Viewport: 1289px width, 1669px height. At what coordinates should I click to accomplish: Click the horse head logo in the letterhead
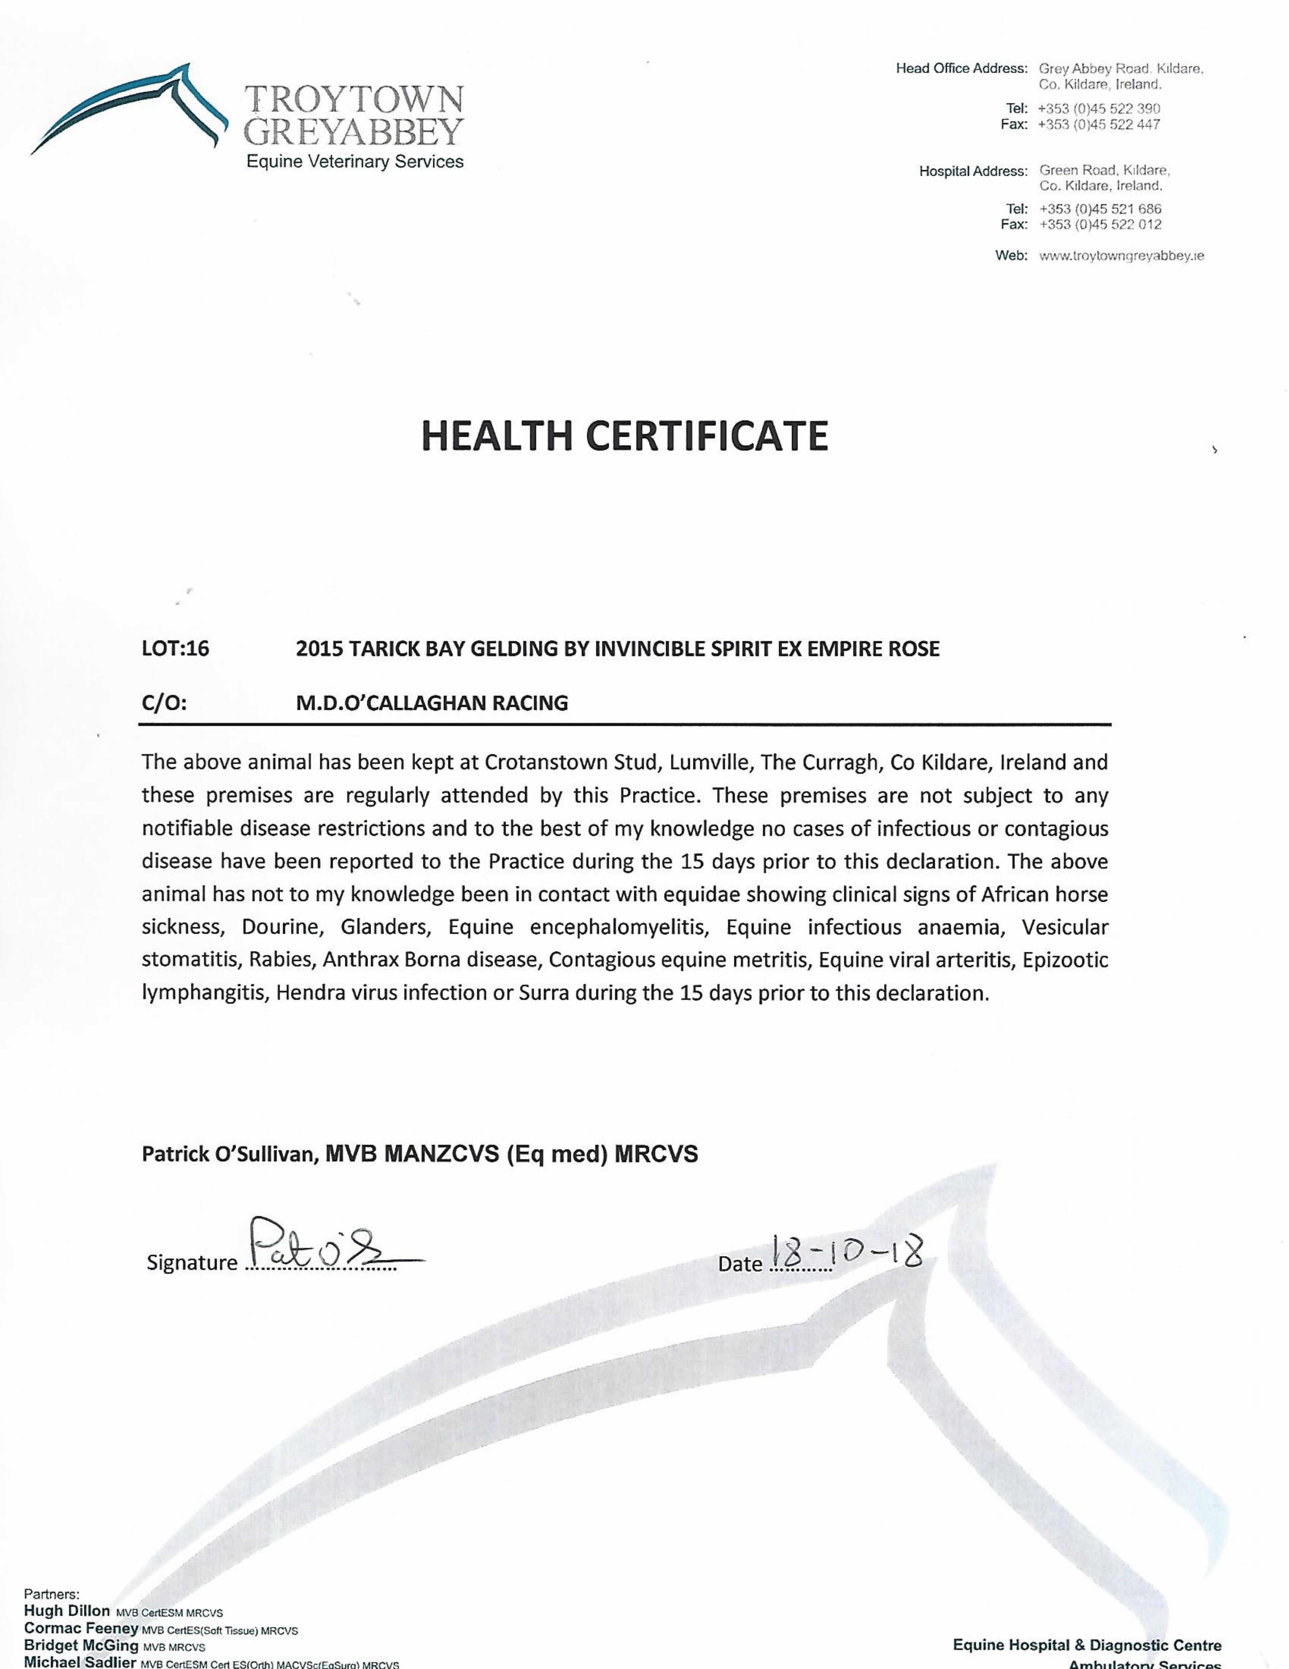click(x=130, y=107)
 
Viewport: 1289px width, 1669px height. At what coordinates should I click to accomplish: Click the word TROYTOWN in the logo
click(x=354, y=100)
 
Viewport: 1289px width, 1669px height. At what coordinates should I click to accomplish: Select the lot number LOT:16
click(x=175, y=649)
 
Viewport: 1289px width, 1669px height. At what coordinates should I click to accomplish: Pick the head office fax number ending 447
click(x=1099, y=125)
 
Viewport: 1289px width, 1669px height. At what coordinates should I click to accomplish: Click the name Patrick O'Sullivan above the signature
click(x=229, y=1154)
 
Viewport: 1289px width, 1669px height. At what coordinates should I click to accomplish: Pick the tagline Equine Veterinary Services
click(x=354, y=162)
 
